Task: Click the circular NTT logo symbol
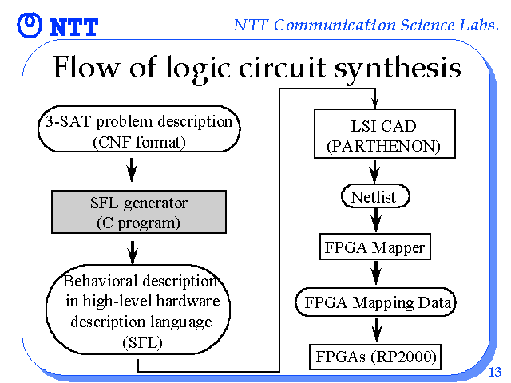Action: pyautogui.click(x=30, y=25)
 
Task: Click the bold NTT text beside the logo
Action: pyautogui.click(x=74, y=27)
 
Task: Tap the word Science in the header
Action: pyautogui.click(x=427, y=25)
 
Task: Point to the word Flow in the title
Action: pyautogui.click(x=85, y=67)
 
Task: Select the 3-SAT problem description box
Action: pyautogui.click(x=139, y=129)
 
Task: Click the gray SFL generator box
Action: pyautogui.click(x=139, y=212)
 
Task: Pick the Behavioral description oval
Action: pyautogui.click(x=138, y=310)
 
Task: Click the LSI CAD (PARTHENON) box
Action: pyautogui.click(x=385, y=134)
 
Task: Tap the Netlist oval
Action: pyautogui.click(x=375, y=196)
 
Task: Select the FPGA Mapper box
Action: pyautogui.click(x=375, y=247)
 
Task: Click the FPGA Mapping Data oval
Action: pyautogui.click(x=376, y=302)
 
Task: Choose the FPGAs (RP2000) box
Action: pyautogui.click(x=375, y=357)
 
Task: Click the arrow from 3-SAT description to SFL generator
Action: pyautogui.click(x=132, y=170)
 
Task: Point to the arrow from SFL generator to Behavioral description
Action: pyautogui.click(x=133, y=252)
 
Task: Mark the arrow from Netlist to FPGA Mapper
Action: pyautogui.click(x=376, y=220)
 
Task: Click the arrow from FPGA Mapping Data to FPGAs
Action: pyautogui.click(x=376, y=330)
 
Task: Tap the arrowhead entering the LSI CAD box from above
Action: pyautogui.click(x=375, y=104)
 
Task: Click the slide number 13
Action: pyautogui.click(x=494, y=372)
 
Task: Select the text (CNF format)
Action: pyautogui.click(x=139, y=143)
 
